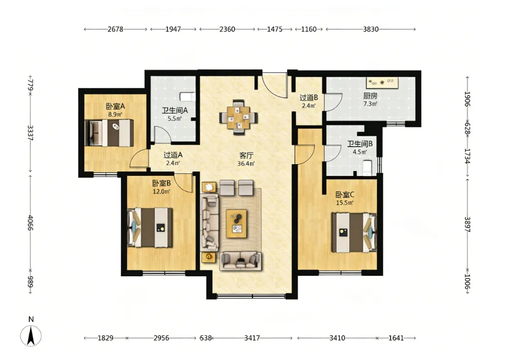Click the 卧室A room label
(x=115, y=106)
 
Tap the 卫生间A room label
(x=175, y=111)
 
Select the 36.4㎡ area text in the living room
(x=246, y=163)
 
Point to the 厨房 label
(x=370, y=96)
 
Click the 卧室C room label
(x=345, y=195)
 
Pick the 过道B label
(x=309, y=97)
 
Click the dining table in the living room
(x=239, y=117)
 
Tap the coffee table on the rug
(x=237, y=224)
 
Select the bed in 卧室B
(x=150, y=227)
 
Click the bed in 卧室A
(x=109, y=133)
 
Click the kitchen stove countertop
(x=382, y=83)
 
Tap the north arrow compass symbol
(x=31, y=336)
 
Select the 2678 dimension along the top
(x=115, y=29)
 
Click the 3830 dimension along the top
(x=371, y=29)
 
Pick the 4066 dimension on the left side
(x=30, y=223)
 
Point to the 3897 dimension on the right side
(x=468, y=225)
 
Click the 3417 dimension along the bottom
(x=252, y=338)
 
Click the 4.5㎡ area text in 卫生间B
(x=360, y=152)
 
